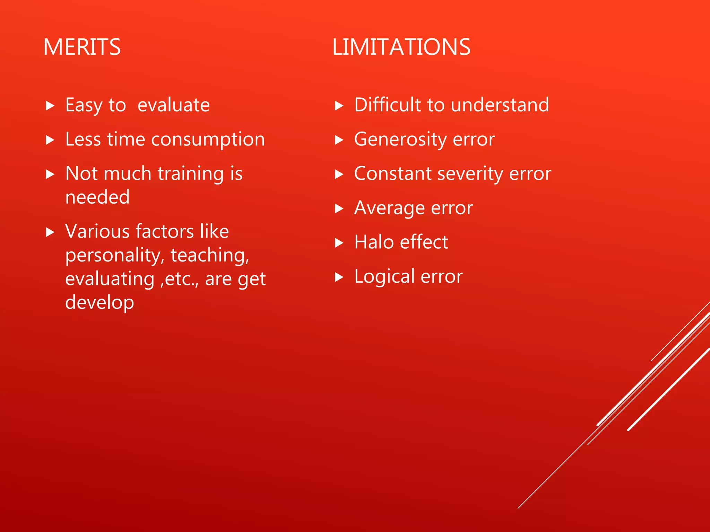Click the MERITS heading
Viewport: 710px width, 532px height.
coord(82,47)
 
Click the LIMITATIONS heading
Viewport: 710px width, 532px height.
coord(401,47)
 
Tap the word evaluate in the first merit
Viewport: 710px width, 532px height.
coord(173,105)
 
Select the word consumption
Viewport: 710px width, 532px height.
coord(208,140)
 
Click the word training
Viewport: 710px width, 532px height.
coord(191,174)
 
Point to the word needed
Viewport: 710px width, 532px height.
coord(97,197)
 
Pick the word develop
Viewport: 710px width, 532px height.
coord(99,303)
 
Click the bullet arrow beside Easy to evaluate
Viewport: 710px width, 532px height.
coord(50,106)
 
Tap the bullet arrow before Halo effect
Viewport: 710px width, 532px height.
coord(339,243)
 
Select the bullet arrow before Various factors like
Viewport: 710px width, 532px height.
coord(50,232)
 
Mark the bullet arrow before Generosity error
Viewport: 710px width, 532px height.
coord(339,140)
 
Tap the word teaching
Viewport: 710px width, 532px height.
coord(210,256)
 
